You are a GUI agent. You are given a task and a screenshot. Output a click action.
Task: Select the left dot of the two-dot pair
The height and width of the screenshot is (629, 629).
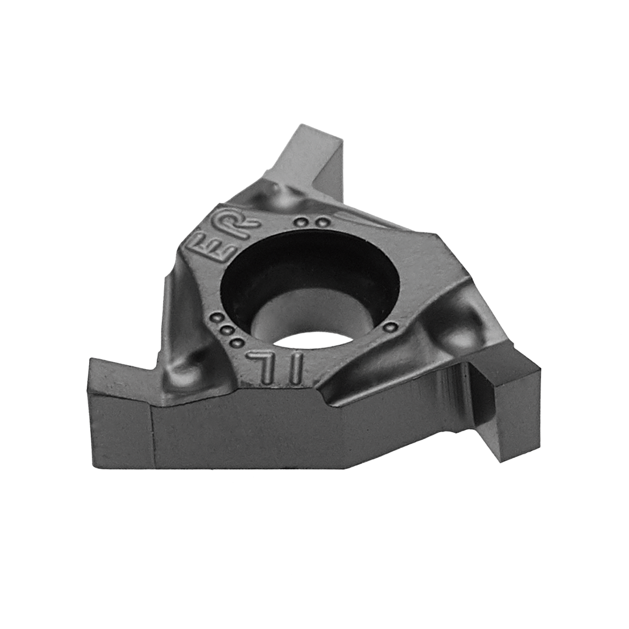pos(299,221)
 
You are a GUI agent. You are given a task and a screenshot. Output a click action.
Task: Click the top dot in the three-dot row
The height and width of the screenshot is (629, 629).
pos(217,319)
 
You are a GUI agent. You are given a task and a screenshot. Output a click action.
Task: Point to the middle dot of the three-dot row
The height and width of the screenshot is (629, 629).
pos(227,331)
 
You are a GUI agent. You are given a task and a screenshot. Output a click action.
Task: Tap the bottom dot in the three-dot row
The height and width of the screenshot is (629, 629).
pos(236,343)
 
